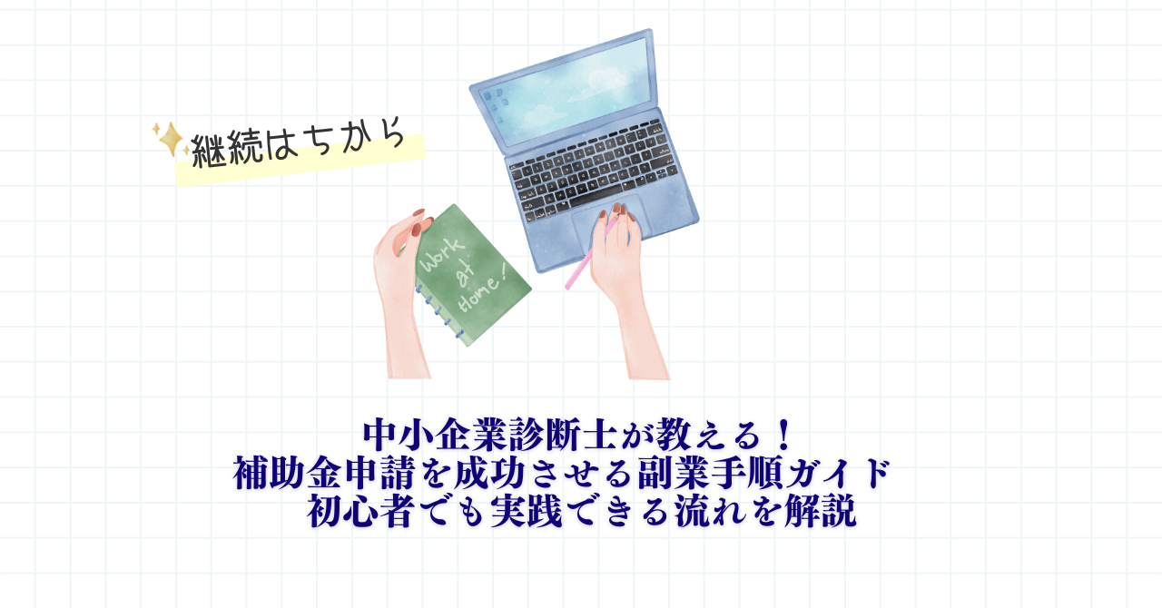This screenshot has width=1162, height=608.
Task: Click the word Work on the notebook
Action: pos(441,255)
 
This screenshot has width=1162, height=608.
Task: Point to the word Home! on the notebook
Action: pos(481,295)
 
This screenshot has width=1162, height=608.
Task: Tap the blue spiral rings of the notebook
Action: pos(438,310)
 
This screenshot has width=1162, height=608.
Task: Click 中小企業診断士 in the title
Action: pos(490,436)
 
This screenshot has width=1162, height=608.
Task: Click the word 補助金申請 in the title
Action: pos(324,473)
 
